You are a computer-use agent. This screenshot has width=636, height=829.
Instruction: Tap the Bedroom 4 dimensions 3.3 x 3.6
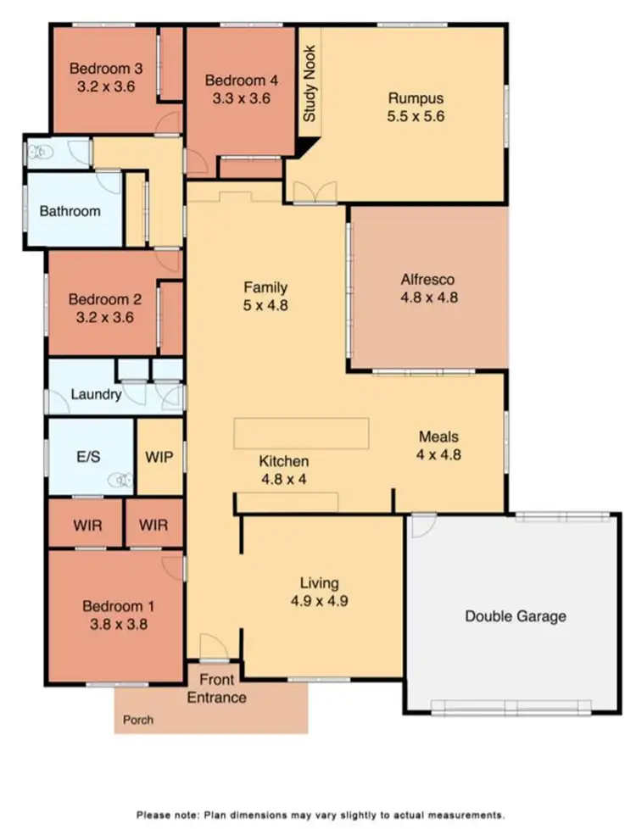pos(242,97)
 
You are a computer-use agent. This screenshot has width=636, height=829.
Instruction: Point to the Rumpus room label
pos(416,98)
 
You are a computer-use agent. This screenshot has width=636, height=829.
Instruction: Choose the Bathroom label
pos(70,211)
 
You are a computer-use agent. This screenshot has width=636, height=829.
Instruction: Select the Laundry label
pos(96,394)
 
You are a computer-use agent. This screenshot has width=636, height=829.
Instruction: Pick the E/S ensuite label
pos(89,455)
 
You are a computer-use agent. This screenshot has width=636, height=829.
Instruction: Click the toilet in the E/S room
pos(122,480)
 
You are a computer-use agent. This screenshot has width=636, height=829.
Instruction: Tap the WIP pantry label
pos(159,457)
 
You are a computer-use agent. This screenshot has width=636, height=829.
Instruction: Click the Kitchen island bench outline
pos(302,432)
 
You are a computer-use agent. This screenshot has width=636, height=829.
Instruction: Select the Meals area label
pos(438,437)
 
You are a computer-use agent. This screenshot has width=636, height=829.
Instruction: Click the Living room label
pos(319,583)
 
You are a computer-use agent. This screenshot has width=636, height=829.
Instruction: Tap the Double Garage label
pos(515,616)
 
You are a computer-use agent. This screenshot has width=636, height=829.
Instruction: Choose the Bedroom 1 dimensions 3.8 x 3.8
pos(118,625)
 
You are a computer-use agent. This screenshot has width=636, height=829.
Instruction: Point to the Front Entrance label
pos(216,688)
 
